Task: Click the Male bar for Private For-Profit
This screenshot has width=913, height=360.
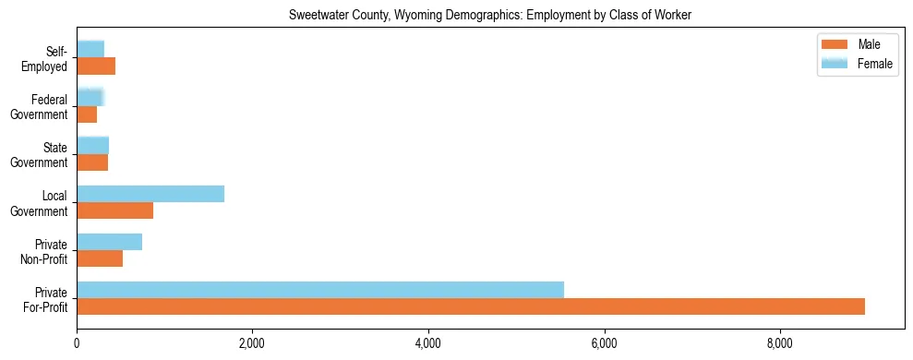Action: (471, 306)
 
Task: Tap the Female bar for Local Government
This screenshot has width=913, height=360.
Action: (150, 194)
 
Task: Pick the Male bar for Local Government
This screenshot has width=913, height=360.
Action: (114, 210)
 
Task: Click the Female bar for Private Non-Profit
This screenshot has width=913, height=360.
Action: (109, 242)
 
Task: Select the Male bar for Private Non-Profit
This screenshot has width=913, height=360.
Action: (100, 258)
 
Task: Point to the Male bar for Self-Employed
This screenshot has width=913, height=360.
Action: (96, 66)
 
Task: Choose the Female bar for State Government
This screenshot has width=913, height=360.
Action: (92, 146)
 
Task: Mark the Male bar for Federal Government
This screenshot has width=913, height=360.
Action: (87, 114)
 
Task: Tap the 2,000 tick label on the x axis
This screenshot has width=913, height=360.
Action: (252, 344)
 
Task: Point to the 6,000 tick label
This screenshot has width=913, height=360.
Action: (604, 344)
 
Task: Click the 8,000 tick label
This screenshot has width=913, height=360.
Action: (780, 344)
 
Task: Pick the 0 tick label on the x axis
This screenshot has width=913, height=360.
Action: (77, 344)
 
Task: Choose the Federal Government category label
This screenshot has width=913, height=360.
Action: (42, 107)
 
